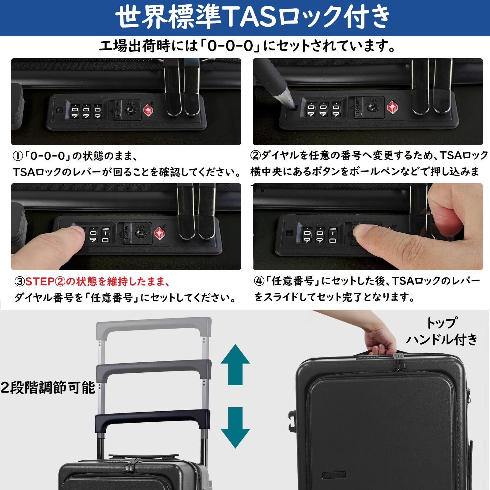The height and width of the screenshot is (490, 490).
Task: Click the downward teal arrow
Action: (235, 428)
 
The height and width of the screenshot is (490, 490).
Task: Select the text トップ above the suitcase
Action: (441, 322)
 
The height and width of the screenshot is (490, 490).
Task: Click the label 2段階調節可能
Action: (48, 388)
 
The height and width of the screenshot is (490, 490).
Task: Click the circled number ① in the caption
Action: (17, 156)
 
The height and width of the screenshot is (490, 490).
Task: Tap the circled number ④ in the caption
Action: (259, 281)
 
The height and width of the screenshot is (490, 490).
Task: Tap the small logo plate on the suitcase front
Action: (334, 475)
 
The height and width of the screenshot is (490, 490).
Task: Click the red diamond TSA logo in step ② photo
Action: (392, 107)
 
